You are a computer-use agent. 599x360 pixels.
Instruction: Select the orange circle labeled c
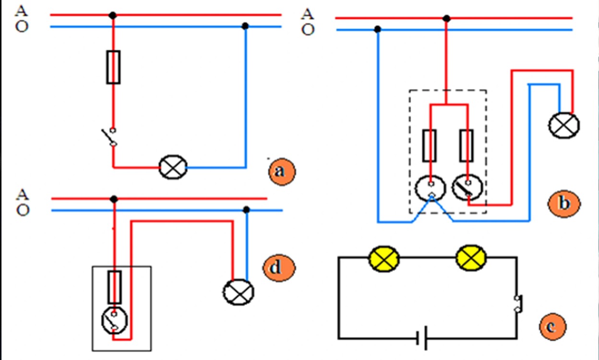[x=551, y=327]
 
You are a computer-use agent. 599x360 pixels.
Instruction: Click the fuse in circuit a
[x=113, y=67]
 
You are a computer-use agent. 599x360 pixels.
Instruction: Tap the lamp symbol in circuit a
[x=173, y=168]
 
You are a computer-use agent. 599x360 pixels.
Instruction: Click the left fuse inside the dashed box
[x=430, y=145]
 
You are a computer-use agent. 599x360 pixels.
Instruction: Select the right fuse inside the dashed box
[x=467, y=145]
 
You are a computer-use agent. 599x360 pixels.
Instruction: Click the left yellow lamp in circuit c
[x=384, y=259]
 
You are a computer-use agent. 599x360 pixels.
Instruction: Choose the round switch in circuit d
[x=115, y=321]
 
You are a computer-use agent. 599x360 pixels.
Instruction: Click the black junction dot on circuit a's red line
[x=113, y=15]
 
